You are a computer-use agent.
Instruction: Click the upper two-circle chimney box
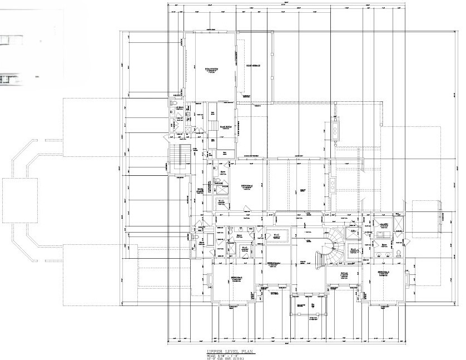click(336, 130)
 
